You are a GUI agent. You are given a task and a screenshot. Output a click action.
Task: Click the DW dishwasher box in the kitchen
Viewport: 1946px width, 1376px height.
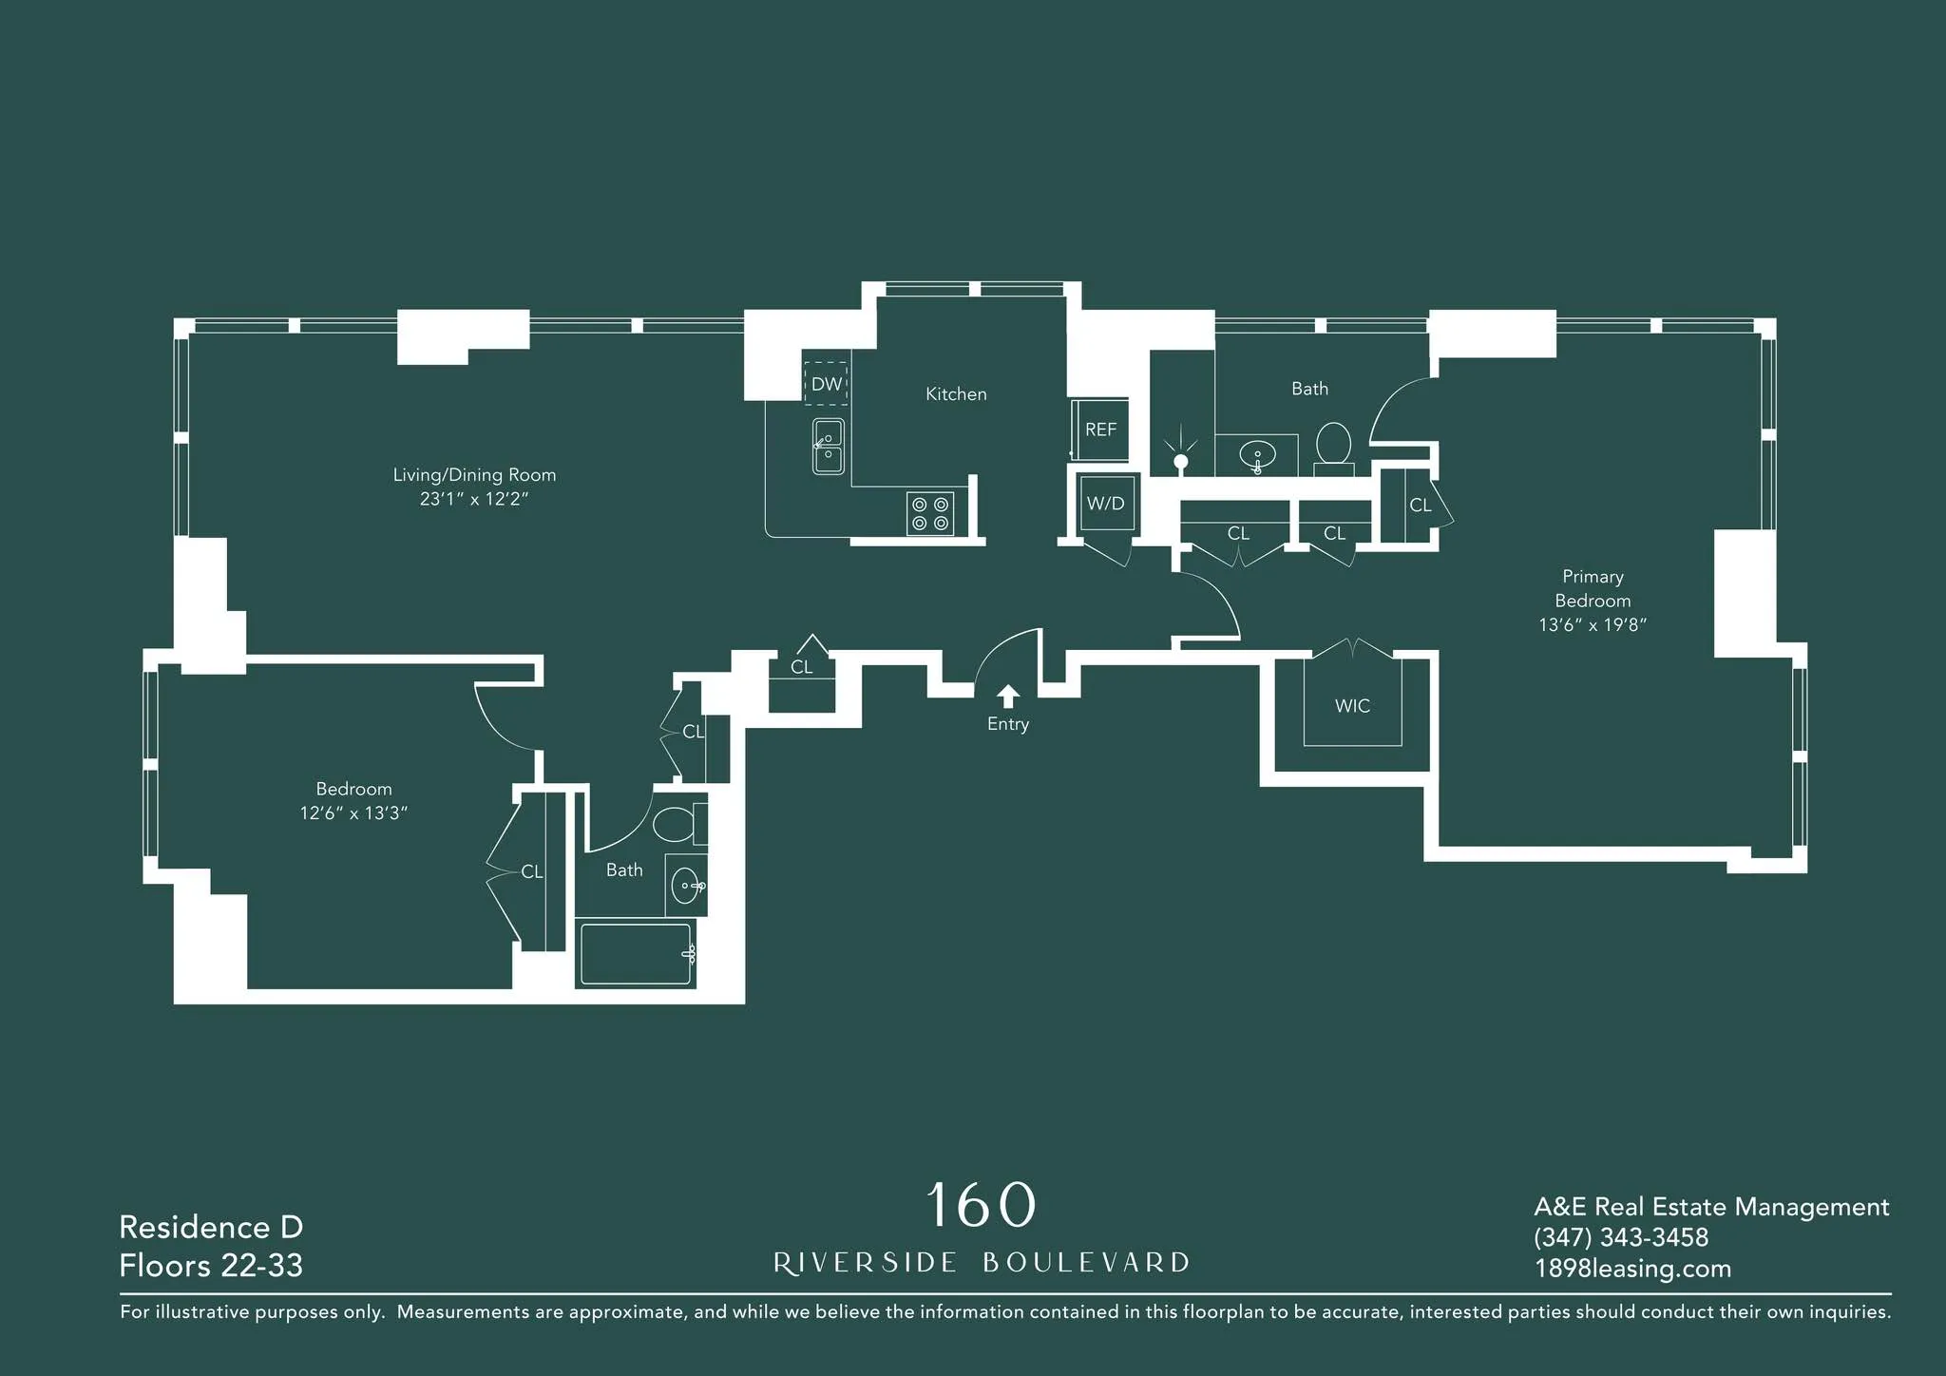click(826, 384)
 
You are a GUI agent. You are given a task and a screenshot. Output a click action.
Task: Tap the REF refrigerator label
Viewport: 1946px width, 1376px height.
click(1100, 430)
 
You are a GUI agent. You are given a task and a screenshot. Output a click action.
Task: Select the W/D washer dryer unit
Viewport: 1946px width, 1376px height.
click(1106, 504)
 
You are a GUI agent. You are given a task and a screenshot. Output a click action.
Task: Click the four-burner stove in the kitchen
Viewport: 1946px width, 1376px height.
click(930, 513)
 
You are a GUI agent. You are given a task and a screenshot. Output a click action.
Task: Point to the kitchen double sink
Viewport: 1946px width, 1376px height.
click(829, 446)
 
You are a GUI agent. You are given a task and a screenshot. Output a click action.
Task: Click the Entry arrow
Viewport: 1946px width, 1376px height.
click(1008, 697)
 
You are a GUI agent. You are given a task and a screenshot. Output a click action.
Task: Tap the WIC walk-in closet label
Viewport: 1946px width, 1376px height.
click(1352, 706)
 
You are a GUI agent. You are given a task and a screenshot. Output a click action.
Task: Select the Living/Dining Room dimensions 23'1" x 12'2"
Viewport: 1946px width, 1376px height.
click(474, 499)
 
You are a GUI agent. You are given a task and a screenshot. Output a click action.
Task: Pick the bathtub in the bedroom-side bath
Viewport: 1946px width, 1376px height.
click(636, 953)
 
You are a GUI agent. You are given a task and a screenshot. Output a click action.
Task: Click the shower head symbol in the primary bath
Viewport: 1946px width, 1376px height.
click(1180, 460)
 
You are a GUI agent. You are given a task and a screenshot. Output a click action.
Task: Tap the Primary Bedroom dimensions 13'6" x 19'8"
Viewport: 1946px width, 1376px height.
click(1593, 624)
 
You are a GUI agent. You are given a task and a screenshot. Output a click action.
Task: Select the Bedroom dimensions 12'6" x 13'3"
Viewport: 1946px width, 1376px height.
click(353, 813)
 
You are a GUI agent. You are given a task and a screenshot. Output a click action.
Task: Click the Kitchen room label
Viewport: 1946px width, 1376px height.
click(956, 394)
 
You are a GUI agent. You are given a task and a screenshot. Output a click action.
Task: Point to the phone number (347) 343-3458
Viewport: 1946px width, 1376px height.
click(1621, 1237)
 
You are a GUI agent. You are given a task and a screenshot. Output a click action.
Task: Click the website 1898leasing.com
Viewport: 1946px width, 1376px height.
click(1632, 1269)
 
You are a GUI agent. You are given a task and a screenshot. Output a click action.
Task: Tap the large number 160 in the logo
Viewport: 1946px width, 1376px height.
click(980, 1205)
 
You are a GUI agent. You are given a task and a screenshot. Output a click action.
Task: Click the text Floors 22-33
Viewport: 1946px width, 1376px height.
click(211, 1266)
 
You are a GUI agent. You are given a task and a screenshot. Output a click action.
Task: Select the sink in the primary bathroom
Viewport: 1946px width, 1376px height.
click(1257, 455)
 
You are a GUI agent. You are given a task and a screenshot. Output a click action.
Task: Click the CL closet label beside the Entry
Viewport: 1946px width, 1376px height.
click(802, 667)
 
